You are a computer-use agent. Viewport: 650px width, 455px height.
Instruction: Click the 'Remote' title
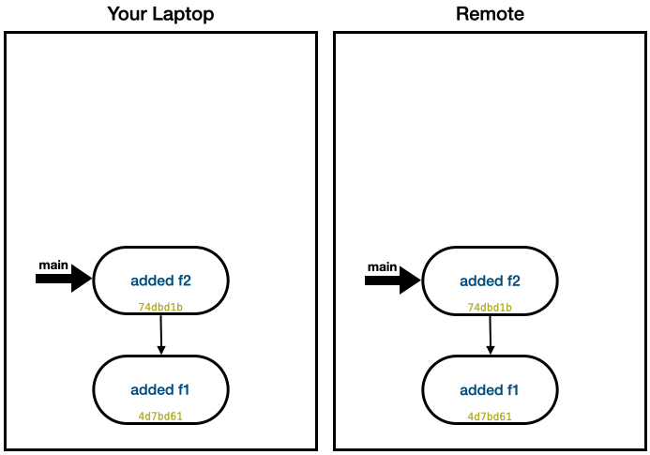tap(490, 14)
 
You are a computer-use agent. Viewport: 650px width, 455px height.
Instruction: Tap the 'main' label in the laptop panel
tap(53, 265)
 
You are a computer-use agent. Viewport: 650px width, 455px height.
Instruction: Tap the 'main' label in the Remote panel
tap(382, 267)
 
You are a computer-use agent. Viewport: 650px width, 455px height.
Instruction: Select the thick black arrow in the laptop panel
tap(64, 278)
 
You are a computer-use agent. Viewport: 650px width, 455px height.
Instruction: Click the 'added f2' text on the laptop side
tap(160, 280)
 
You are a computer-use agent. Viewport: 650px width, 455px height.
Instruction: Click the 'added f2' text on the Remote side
tap(490, 281)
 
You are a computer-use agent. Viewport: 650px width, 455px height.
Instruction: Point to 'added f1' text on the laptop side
tap(160, 389)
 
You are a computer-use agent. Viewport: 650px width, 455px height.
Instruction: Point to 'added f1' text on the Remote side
tap(490, 389)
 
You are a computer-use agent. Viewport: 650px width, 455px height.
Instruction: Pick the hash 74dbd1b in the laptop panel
tap(160, 307)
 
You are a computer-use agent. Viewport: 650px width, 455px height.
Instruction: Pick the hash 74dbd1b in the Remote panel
tap(490, 307)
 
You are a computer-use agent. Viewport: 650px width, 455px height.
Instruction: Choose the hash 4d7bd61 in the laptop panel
tap(160, 416)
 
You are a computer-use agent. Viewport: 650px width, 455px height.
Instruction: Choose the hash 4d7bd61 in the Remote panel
tap(490, 416)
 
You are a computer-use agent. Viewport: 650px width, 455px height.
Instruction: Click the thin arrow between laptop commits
tap(161, 334)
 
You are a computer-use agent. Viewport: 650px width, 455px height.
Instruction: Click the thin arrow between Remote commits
tap(491, 334)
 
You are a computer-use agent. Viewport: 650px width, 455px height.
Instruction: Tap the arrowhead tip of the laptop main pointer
tap(91, 278)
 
